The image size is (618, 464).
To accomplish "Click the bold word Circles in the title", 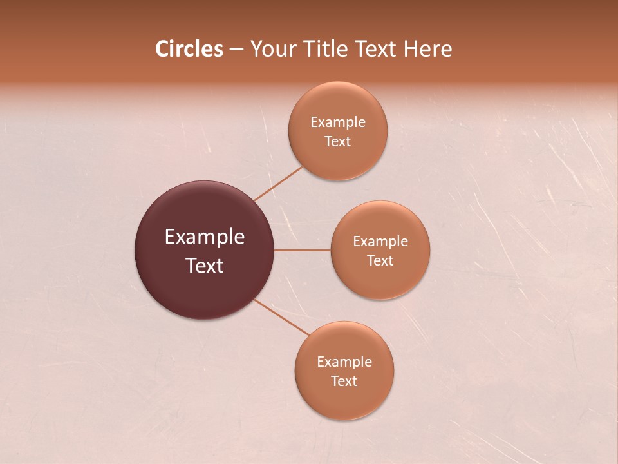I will pyautogui.click(x=189, y=49).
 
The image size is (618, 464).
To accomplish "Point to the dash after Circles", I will pyautogui.click(x=236, y=50).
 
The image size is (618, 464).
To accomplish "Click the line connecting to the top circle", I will pyautogui.click(x=278, y=184).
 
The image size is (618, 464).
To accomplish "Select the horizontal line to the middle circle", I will pyautogui.click(x=303, y=250).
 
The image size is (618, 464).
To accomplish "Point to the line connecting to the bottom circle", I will pyautogui.click(x=281, y=316).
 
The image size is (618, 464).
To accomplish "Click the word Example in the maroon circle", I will pyautogui.click(x=205, y=237).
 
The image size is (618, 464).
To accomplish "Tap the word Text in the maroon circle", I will pyautogui.click(x=205, y=266).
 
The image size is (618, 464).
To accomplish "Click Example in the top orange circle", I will pyautogui.click(x=338, y=122).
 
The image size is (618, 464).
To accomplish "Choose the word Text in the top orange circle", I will pyautogui.click(x=338, y=141).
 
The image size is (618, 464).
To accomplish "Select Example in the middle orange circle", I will pyautogui.click(x=380, y=242).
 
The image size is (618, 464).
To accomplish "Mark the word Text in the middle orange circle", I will pyautogui.click(x=380, y=260).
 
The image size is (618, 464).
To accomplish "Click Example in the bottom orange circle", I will pyautogui.click(x=344, y=362).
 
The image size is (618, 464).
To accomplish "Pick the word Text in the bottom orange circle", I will pyautogui.click(x=344, y=381).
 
